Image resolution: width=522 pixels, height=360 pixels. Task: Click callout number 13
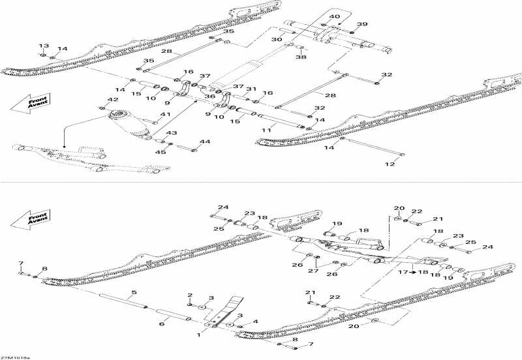point(43,46)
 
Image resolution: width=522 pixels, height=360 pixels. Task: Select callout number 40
point(334,16)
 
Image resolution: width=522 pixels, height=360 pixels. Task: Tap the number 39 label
point(362,24)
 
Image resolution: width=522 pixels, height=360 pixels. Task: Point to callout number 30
point(277,40)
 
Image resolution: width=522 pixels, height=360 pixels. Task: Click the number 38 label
point(301,57)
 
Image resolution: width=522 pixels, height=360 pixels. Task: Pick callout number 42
point(113,99)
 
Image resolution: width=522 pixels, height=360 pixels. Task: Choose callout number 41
point(166,115)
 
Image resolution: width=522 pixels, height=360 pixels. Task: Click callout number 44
point(205,142)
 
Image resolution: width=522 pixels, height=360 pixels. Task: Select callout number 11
point(266,131)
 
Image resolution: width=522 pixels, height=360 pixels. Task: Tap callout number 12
point(390,164)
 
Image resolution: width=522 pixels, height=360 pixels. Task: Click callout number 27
point(314,271)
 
